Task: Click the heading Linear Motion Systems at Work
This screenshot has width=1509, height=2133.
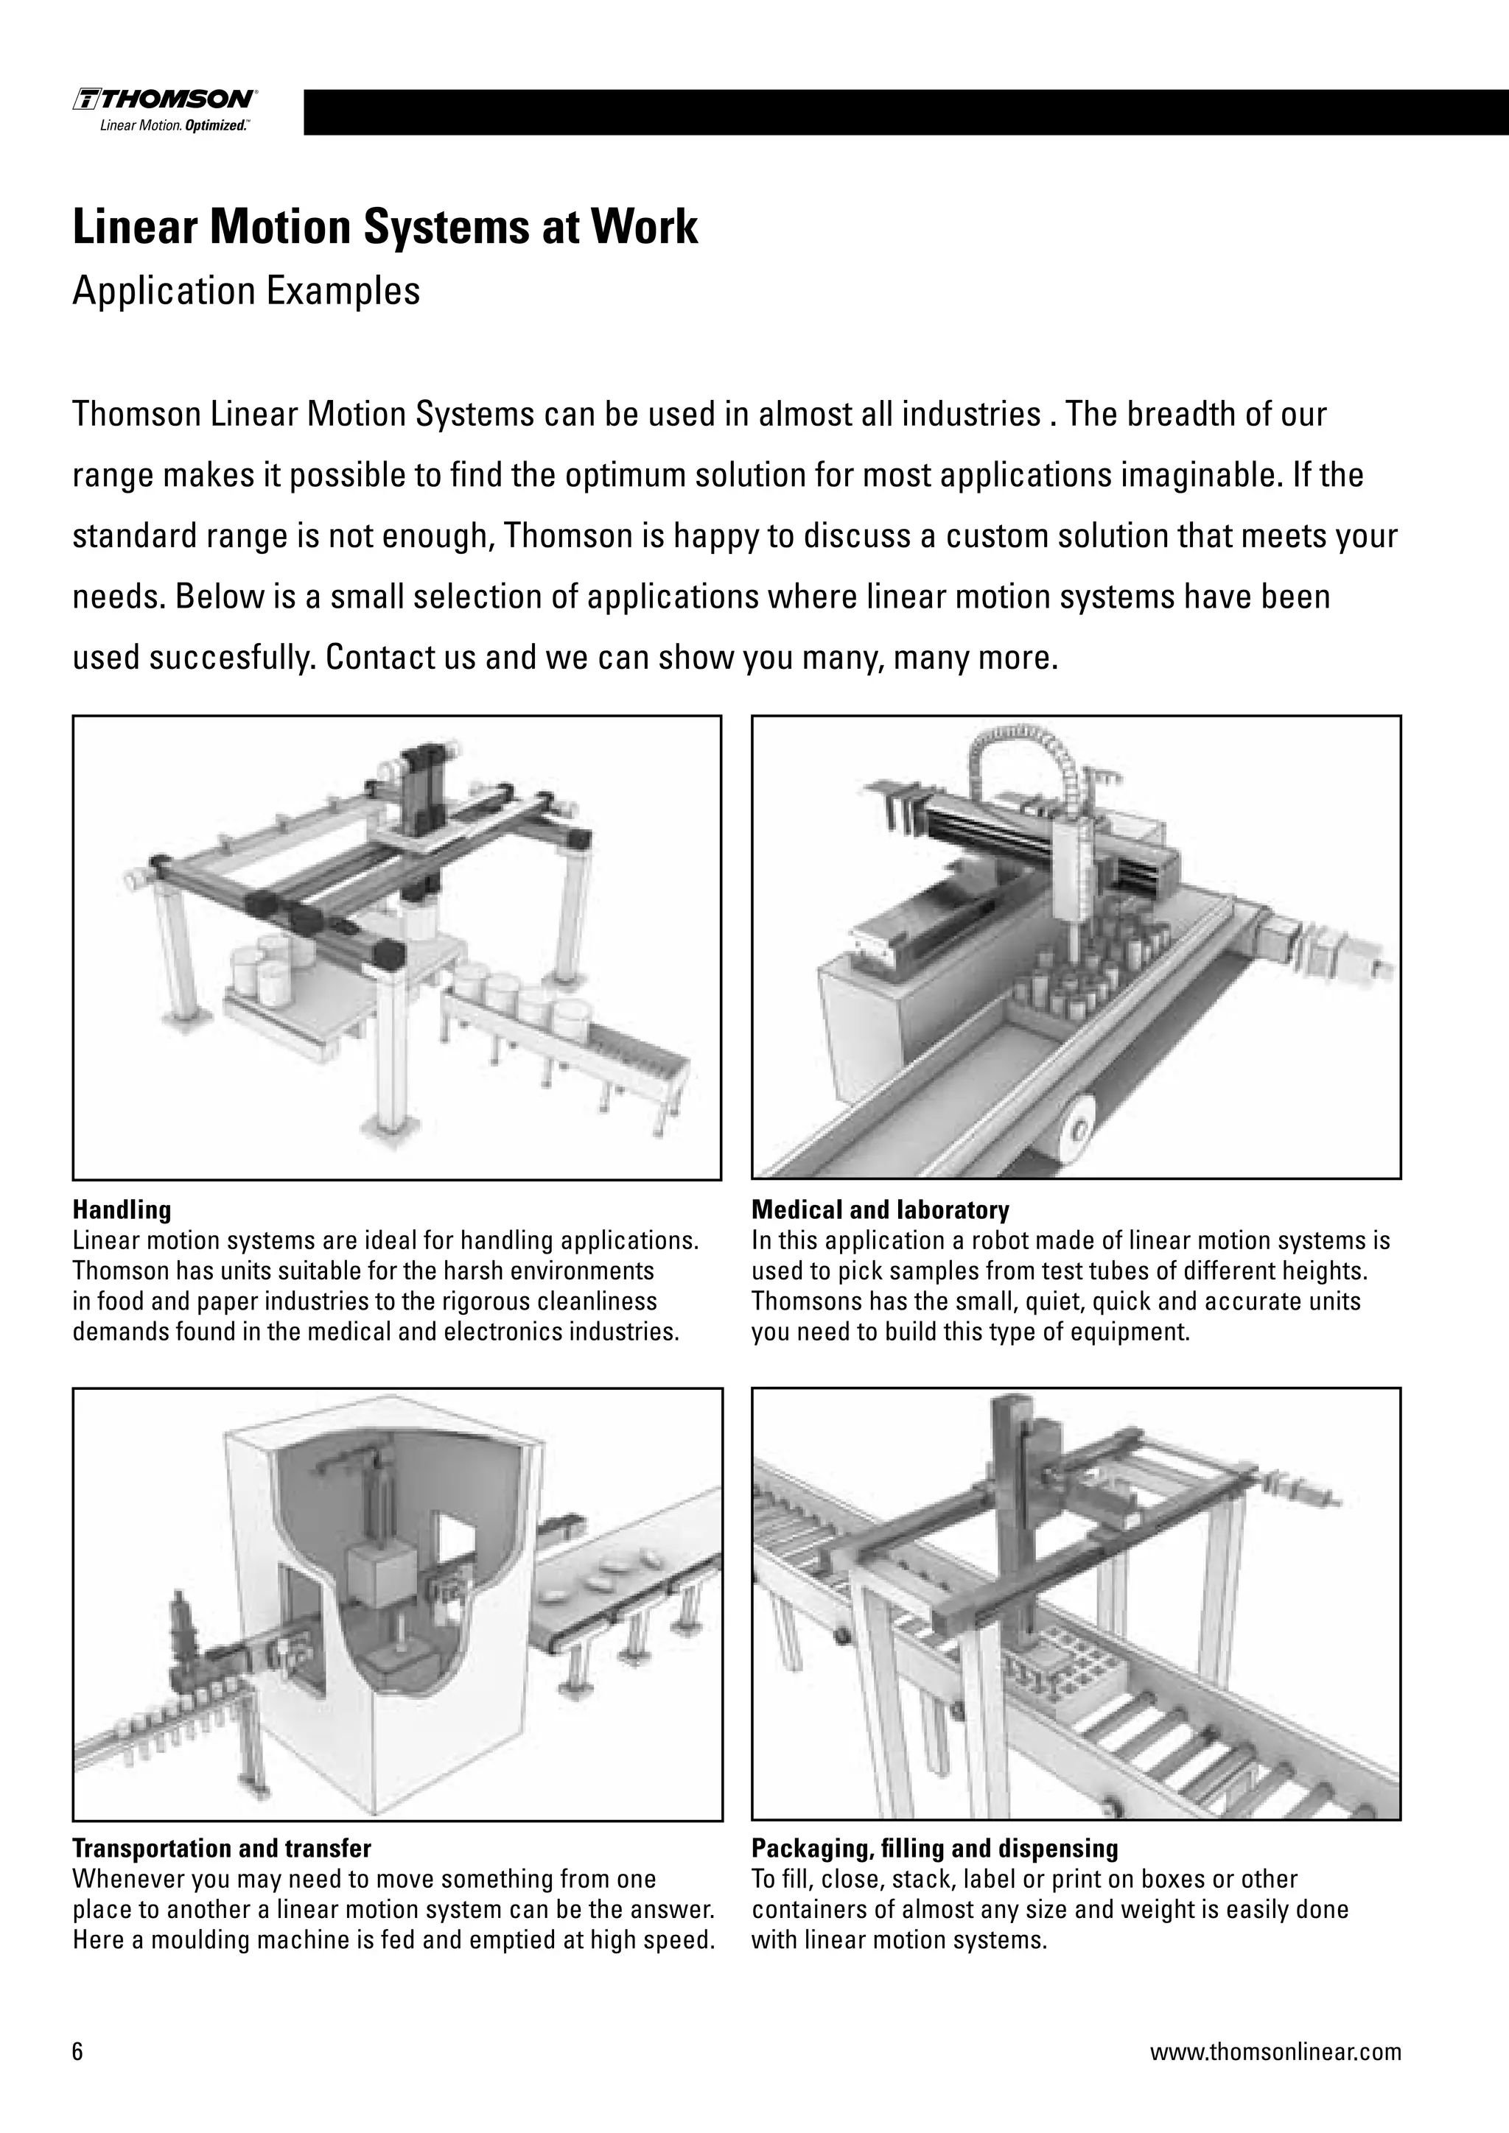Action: (x=385, y=228)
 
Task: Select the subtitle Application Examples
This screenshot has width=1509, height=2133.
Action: (x=246, y=291)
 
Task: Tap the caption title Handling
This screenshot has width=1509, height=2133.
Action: (x=122, y=1209)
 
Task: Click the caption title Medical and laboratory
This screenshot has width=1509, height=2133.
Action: (x=879, y=1209)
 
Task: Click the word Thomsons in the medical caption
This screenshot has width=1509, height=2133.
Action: (x=799, y=1301)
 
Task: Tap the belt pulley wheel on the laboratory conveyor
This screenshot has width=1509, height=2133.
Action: (x=1079, y=1130)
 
